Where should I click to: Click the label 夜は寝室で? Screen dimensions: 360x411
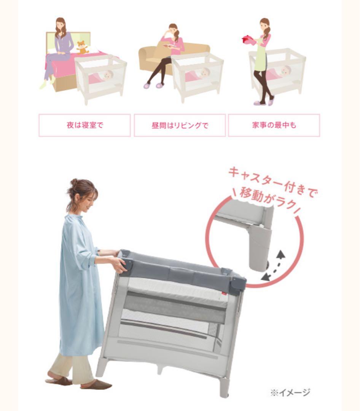(85, 125)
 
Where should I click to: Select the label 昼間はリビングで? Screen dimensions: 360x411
(180, 125)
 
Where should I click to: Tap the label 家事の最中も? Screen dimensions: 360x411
(274, 125)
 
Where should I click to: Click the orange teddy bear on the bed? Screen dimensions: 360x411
(83, 47)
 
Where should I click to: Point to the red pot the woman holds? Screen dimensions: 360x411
(248, 40)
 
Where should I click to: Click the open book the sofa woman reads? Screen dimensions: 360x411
(170, 46)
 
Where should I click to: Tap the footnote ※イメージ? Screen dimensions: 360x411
(290, 392)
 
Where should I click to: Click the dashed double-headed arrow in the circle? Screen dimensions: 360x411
(274, 266)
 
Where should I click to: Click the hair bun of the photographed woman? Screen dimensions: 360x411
(74, 182)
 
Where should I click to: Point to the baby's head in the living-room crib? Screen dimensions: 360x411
(205, 73)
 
